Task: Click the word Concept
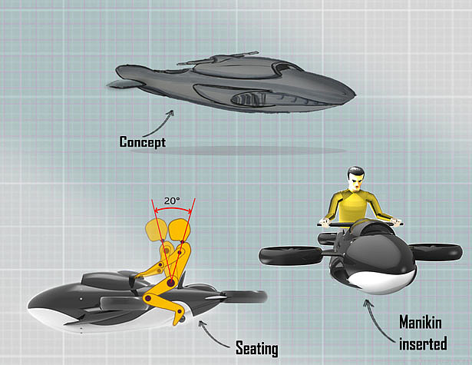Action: [x=142, y=141]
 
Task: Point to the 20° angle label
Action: [x=172, y=201]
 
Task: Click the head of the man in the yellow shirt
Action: [x=355, y=181]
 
